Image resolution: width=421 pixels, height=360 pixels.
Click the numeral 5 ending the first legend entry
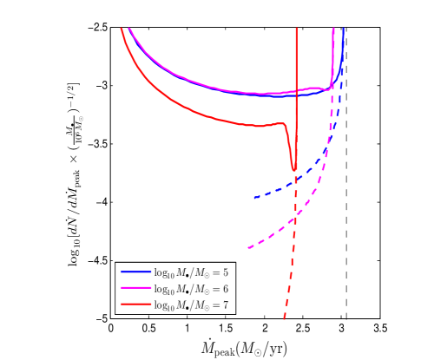pyautogui.click(x=226, y=272)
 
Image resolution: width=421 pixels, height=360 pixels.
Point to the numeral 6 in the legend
pyautogui.click(x=226, y=289)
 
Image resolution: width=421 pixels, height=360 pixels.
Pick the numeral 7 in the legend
pyautogui.click(x=226, y=304)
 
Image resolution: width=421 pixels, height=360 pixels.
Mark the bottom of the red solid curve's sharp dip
pyautogui.click(x=294, y=169)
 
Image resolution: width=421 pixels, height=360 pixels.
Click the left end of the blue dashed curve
pyautogui.click(x=254, y=198)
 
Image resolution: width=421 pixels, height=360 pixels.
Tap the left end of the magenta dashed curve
pyautogui.click(x=248, y=248)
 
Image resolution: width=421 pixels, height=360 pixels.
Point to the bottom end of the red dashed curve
pyautogui.click(x=284, y=318)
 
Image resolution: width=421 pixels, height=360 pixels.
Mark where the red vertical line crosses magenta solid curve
pyautogui.click(x=296, y=90)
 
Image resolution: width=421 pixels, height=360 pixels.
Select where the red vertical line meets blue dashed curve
pyautogui.click(x=296, y=180)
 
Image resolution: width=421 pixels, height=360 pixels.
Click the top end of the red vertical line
pyautogui.click(x=296, y=29)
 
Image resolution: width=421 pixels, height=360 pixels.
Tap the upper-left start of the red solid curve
pyautogui.click(x=121, y=29)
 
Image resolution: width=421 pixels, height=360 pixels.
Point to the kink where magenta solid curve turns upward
pyautogui.click(x=331, y=88)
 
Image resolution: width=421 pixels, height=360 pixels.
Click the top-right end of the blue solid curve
pyautogui.click(x=344, y=29)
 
